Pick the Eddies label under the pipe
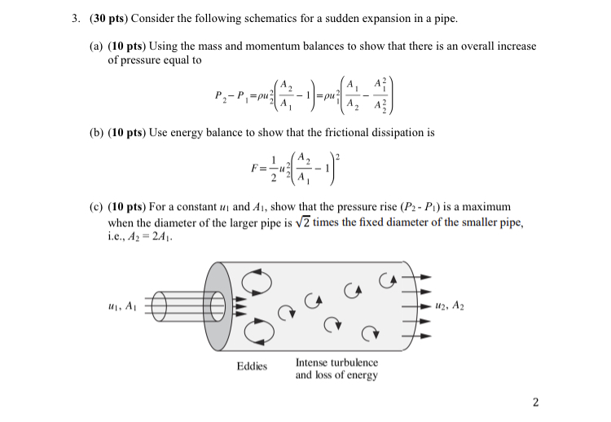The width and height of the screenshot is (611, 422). point(252,366)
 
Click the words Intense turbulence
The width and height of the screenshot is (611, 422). point(336,362)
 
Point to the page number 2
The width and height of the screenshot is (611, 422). point(535,401)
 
